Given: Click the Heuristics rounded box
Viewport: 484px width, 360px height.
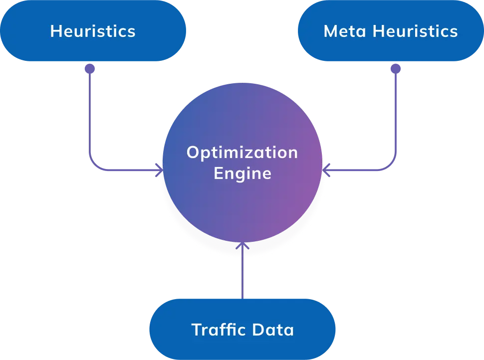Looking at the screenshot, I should point(93,31).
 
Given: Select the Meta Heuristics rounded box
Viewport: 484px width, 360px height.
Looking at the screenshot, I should point(390,31).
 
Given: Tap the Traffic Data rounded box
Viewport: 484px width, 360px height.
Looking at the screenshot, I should point(242,330).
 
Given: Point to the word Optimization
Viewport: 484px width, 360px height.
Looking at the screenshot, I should point(242,153).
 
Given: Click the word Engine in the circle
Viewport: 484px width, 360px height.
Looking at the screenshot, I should point(242,174).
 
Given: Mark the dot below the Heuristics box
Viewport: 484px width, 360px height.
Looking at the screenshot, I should point(90,69).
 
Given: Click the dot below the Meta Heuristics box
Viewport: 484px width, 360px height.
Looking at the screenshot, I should point(396,69).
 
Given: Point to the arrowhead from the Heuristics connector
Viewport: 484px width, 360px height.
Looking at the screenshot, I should point(160,170).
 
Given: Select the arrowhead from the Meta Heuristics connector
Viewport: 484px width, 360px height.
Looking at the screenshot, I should point(325,170).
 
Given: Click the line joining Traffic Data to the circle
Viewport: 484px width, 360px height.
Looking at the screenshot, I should point(242,274).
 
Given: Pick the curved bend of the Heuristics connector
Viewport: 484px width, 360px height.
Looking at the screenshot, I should point(93,166).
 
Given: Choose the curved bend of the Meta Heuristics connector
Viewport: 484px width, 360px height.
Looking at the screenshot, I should point(392,166).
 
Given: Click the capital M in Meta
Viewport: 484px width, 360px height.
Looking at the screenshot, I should point(330,31).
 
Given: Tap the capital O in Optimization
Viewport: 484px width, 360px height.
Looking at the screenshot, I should point(193,153).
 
